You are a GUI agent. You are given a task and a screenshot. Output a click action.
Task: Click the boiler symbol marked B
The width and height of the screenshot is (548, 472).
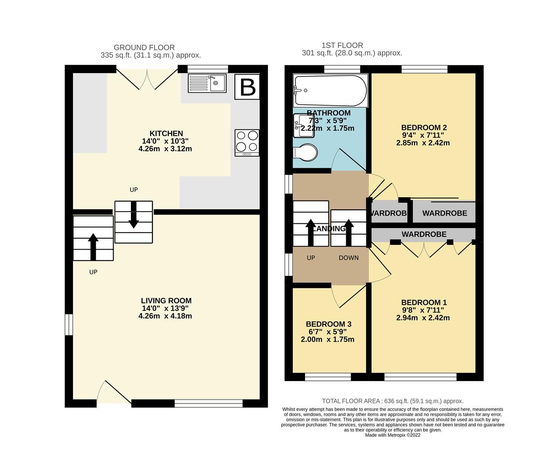coord(248,87)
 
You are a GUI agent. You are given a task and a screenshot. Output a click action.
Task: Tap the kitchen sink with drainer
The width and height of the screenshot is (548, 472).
coord(207,83)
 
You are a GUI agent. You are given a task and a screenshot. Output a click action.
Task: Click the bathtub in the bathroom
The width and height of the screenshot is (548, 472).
coord(330,91)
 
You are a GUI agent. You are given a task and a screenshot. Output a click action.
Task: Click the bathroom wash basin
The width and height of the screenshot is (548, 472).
coord(301,123)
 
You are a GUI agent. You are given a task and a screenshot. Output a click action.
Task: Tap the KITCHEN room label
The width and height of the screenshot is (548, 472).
coord(166,133)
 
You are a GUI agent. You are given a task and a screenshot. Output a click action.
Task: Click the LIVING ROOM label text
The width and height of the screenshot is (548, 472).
coord(166,301)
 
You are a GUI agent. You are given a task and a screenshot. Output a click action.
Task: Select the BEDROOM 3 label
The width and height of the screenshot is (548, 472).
coord(328,324)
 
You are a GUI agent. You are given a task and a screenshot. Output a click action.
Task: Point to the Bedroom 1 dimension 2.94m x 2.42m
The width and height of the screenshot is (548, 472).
coord(423,318)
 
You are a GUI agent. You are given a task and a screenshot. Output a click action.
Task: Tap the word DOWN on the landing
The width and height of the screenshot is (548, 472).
coord(348,258)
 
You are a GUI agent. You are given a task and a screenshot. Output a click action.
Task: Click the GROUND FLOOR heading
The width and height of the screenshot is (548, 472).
coord(144,48)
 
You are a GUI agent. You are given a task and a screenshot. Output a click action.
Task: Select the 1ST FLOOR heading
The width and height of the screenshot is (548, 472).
coord(342,45)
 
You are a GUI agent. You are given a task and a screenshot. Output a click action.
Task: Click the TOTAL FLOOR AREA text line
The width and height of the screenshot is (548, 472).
coord(393,401)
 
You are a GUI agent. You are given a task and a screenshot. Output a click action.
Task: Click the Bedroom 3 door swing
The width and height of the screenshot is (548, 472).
coord(345,296)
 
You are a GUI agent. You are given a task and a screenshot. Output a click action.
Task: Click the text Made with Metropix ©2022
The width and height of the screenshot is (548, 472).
coord(393,435)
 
